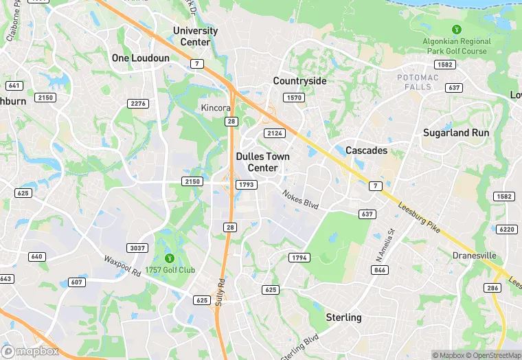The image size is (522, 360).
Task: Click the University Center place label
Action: pyautogui.click(x=195, y=36)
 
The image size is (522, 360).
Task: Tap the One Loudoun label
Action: pyautogui.click(x=141, y=58)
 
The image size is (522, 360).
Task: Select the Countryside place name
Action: pyautogui.click(x=299, y=80)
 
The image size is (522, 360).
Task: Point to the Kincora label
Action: pyautogui.click(x=216, y=108)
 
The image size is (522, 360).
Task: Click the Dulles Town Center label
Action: pyautogui.click(x=262, y=162)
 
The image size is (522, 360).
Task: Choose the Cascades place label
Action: pyautogui.click(x=366, y=150)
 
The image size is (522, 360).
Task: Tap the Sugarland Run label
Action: pyautogui.click(x=455, y=133)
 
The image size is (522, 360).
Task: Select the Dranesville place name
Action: pyautogui.click(x=475, y=256)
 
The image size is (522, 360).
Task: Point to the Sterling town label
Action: pyautogui.click(x=343, y=317)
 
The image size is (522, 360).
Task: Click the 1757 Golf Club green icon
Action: pyautogui.click(x=165, y=258)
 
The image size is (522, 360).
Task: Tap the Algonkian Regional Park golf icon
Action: pyautogui.click(x=456, y=30)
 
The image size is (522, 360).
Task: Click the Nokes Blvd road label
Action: pyautogui.click(x=301, y=200)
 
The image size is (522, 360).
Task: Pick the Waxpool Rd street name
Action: pyautogui.click(x=122, y=266)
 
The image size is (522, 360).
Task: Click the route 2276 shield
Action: pyautogui.click(x=139, y=103)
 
